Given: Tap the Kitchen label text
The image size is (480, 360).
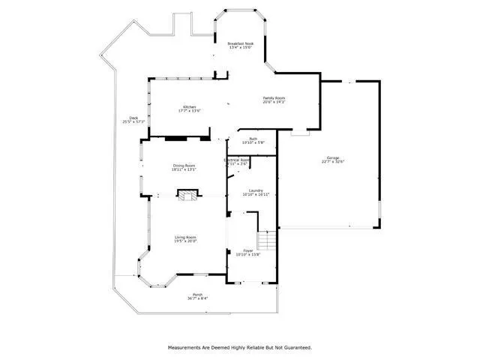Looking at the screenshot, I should tap(189, 107).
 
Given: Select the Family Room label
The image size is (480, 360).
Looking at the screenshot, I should tap(274, 97).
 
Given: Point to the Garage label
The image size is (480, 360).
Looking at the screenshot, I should tap(332, 158).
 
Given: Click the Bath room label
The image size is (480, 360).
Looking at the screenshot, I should tap(254, 139).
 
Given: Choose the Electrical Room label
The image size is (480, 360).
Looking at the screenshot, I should tap(237, 160).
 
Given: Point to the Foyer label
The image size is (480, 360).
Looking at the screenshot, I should tap(248, 250).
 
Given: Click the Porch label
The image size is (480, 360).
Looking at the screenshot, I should tap(197, 294).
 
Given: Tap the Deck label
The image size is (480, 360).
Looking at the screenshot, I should tap(133, 117).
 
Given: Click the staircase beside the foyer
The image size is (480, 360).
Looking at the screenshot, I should tap(267, 241).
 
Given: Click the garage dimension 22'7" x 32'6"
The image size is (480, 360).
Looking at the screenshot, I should tap(332, 162).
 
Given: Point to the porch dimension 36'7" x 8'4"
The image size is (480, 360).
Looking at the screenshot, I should tap(197, 298).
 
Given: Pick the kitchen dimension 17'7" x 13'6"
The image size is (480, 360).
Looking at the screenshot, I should tap(189, 111).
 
